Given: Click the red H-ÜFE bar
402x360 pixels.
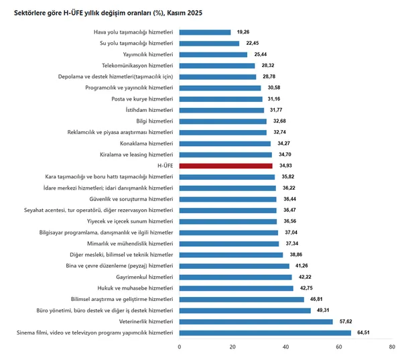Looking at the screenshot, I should click(x=226, y=166).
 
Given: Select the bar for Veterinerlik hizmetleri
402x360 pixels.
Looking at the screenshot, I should click(x=256, y=321).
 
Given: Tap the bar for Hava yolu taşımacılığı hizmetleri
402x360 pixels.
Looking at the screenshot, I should click(x=205, y=32).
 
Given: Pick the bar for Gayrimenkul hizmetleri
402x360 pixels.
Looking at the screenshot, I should click(x=235, y=277).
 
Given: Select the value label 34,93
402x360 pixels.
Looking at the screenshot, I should click(x=285, y=166).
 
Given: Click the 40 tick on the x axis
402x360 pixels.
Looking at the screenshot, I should click(x=286, y=347).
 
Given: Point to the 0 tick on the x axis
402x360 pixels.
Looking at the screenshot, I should click(x=180, y=347).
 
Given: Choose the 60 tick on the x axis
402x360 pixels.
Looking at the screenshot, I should click(x=339, y=347).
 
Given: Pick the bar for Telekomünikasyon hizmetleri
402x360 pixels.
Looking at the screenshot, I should click(x=217, y=66).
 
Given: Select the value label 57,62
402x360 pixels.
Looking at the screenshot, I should click(x=346, y=321).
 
